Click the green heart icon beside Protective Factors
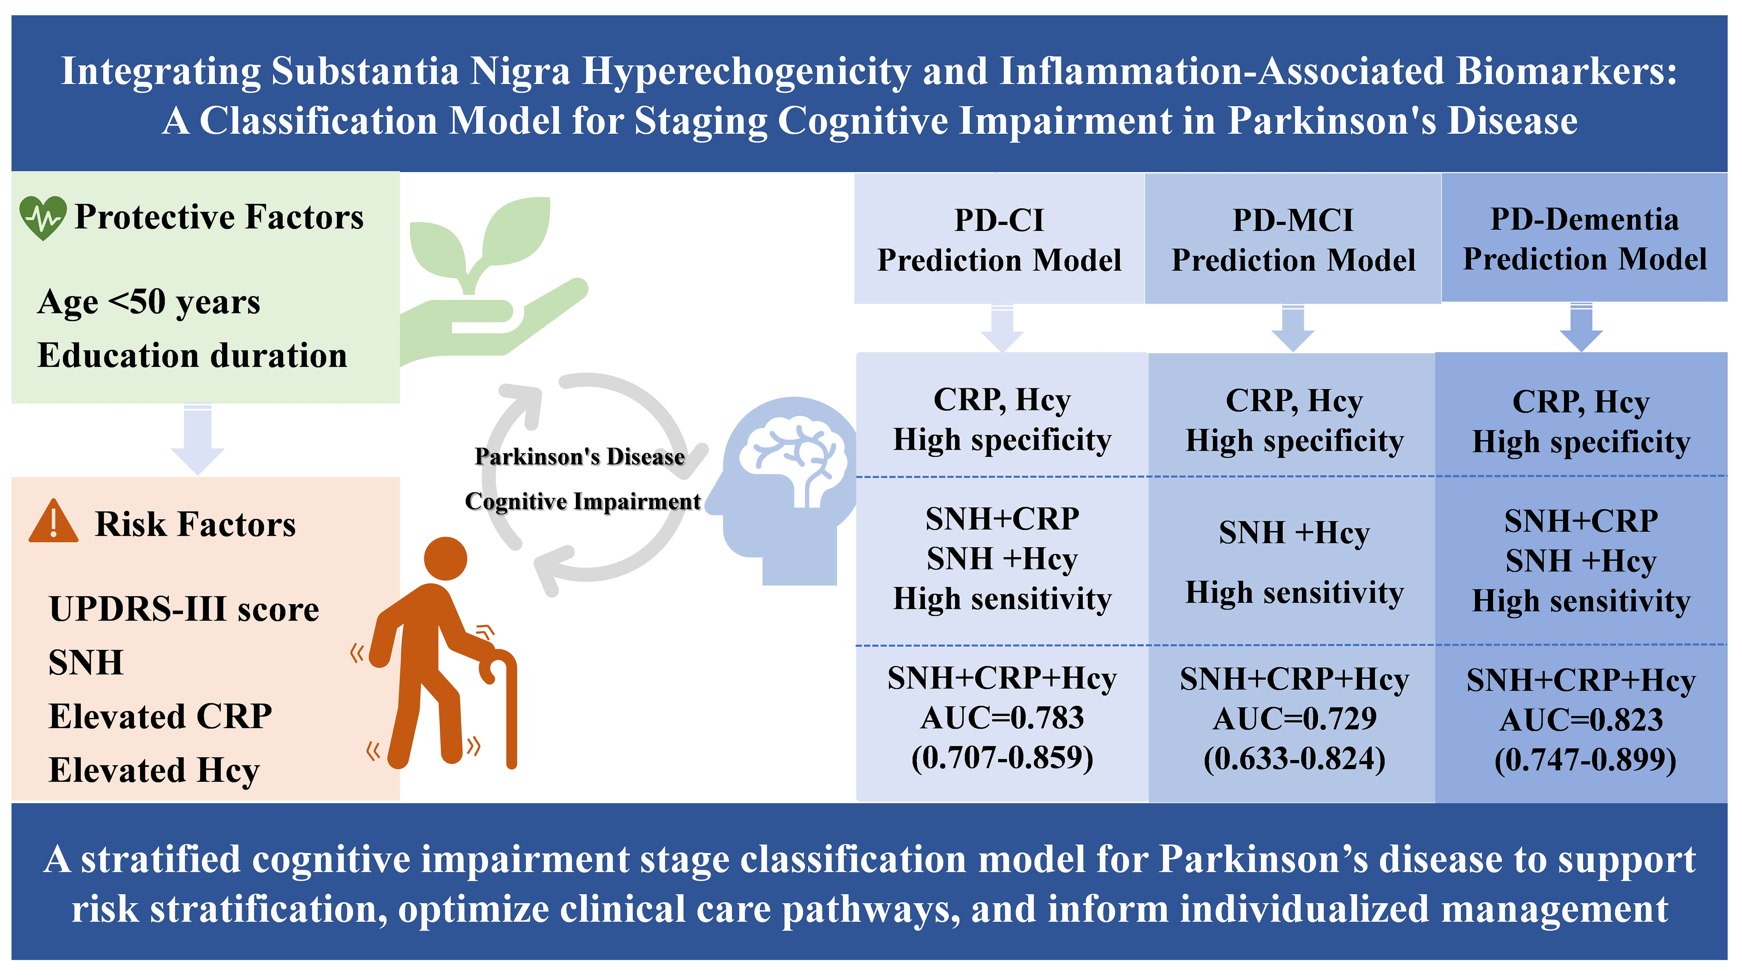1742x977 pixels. click(43, 218)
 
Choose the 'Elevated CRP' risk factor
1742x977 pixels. click(160, 716)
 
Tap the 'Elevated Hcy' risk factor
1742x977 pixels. click(154, 770)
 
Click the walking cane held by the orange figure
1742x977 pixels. click(504, 706)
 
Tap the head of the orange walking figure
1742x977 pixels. click(446, 559)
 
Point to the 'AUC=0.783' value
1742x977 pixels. click(1002, 717)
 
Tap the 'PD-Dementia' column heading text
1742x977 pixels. click(1585, 219)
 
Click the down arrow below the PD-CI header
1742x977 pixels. click(1002, 329)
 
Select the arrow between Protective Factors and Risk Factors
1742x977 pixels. click(197, 439)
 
